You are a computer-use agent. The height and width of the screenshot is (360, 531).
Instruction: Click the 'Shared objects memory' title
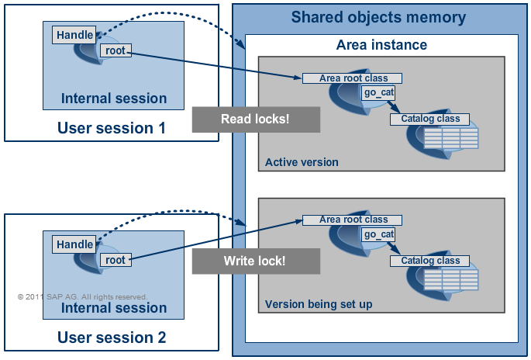point(378,17)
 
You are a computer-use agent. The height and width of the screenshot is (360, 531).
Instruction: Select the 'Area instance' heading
point(381,45)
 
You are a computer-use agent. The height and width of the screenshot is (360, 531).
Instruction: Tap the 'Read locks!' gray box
point(256,119)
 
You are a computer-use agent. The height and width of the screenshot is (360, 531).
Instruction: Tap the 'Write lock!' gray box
point(256,261)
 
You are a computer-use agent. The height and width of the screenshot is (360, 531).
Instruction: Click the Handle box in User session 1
point(75,35)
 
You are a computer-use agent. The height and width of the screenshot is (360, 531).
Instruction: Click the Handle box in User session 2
point(75,244)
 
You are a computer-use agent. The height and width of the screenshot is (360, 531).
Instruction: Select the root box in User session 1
point(115,50)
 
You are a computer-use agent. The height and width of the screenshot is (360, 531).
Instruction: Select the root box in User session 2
point(115,260)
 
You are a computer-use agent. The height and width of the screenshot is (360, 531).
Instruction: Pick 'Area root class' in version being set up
point(353,220)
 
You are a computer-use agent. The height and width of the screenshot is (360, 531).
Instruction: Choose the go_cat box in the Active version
point(379,93)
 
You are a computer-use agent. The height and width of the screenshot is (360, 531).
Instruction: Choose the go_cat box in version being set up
point(379,234)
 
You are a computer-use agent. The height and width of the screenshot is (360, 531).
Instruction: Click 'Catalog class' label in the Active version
point(430,119)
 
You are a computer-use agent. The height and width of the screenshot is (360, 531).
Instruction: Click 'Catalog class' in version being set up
point(430,261)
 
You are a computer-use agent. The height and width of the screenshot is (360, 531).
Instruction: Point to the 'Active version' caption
point(302,162)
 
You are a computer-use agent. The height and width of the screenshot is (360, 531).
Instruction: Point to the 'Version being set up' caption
point(318,304)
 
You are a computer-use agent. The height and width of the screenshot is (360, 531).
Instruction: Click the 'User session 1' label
point(112,128)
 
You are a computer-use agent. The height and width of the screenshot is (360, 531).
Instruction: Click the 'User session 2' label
point(112,337)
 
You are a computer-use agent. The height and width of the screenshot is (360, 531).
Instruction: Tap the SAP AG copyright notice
point(82,296)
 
